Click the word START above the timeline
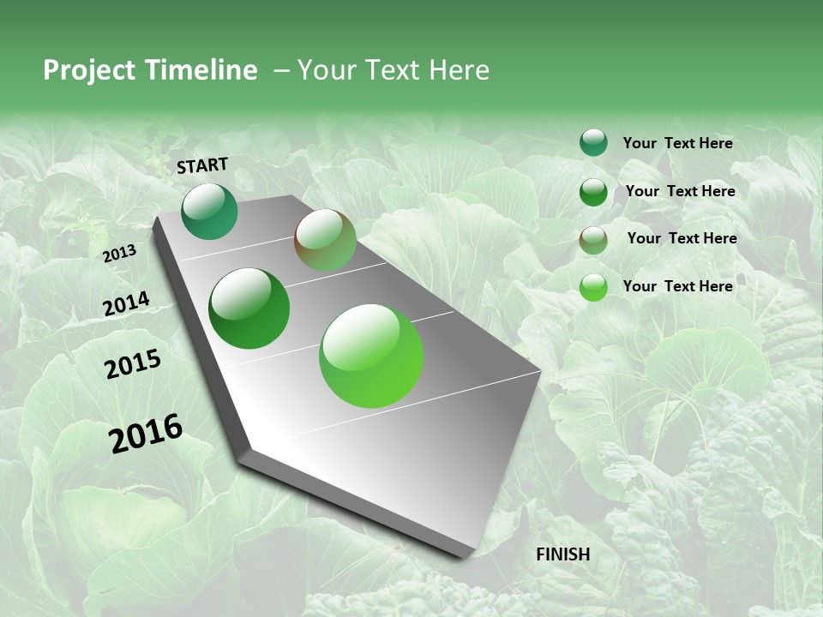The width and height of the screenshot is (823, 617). (202, 165)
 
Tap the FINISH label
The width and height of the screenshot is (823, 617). (562, 554)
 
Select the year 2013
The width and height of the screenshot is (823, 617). (119, 253)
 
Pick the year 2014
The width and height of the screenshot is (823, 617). (126, 303)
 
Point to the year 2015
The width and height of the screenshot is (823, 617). (133, 364)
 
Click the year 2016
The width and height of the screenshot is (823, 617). (146, 433)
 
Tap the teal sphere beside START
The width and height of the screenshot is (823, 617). (209, 212)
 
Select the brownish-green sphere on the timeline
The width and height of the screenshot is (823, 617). (325, 240)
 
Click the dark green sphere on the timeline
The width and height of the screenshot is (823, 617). (249, 308)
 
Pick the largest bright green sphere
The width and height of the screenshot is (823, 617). (371, 356)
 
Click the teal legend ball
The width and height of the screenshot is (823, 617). (593, 142)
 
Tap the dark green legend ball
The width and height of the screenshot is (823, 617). (593, 192)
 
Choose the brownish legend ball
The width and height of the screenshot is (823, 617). (593, 240)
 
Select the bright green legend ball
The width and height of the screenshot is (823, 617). (593, 287)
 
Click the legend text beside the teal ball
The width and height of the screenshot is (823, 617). (677, 143)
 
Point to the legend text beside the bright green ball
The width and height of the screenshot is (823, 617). (677, 286)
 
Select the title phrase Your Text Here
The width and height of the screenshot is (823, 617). (393, 70)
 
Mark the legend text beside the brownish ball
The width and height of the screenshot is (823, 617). (682, 238)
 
